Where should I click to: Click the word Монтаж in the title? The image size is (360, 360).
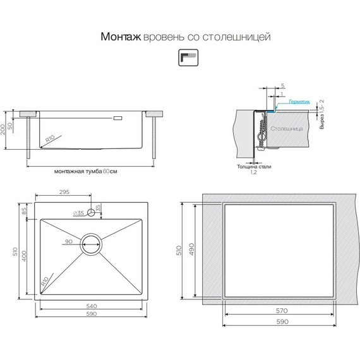[121, 37]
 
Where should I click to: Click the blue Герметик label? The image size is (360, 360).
[299, 102]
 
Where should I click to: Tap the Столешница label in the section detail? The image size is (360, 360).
[286, 129]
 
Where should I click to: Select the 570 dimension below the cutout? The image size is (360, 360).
[281, 311]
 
